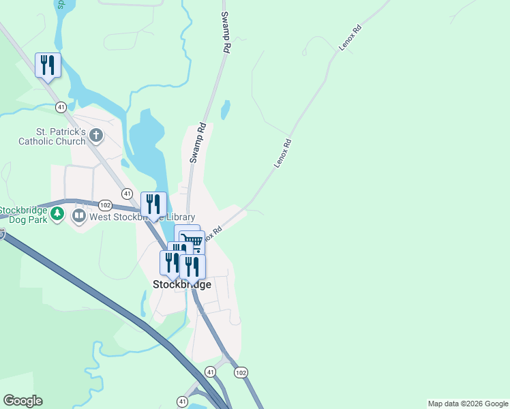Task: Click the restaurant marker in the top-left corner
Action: tap(48, 65)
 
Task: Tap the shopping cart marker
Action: tap(192, 241)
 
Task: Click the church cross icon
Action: tap(96, 136)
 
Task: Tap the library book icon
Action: tap(79, 217)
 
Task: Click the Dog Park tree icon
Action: tap(58, 215)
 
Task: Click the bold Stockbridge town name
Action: tap(182, 284)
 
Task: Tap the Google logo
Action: tap(22, 401)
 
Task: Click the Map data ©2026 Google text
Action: tap(467, 404)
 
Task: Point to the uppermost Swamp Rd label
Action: tap(225, 32)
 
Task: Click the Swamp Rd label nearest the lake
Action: tap(198, 142)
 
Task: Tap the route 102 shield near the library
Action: tap(105, 204)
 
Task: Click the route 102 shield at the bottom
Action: tap(240, 373)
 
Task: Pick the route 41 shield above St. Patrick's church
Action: tap(61, 107)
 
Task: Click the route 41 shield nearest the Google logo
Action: tap(182, 401)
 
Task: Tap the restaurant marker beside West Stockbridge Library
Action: tap(153, 204)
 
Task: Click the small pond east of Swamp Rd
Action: tap(226, 109)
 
